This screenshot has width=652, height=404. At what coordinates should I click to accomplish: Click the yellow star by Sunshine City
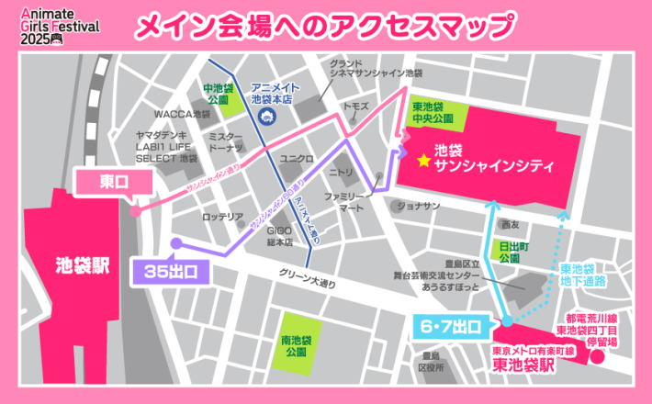coord(423,160)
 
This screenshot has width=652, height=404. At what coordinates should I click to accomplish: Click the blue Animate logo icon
coord(265,117)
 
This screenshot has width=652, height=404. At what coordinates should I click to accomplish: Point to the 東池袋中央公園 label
coord(432,112)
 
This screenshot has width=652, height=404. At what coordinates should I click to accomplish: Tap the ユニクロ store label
coord(296,158)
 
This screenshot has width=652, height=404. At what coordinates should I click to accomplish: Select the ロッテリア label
coord(222,217)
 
